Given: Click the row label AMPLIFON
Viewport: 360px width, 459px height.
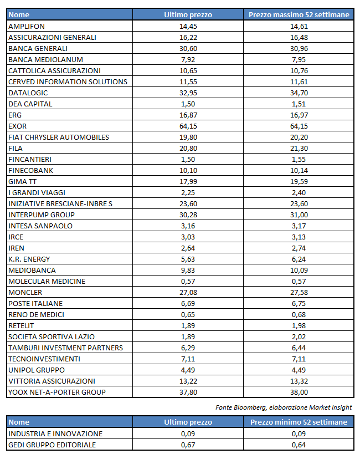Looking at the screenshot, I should pos(27,26).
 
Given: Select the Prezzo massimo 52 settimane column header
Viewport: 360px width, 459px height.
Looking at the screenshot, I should pos(299,15).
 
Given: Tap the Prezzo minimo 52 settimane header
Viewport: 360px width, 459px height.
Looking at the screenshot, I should pos(299,422).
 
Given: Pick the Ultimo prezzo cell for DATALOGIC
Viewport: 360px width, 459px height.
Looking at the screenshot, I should pos(188,93).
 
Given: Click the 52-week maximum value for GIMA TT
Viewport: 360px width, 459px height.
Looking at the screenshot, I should pos(299,181).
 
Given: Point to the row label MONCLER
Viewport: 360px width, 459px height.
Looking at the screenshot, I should pos(25,292).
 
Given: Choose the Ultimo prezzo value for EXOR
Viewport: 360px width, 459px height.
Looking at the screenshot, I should pos(188,126).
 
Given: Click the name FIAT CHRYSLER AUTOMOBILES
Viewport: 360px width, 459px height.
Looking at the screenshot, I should pos(59,137).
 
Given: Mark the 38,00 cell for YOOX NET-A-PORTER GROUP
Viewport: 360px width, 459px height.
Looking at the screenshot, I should pos(299,392).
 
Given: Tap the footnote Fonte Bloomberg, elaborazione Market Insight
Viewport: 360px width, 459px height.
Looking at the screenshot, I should pos(284,407).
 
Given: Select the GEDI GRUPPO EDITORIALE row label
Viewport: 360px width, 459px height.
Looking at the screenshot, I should pos(52,445).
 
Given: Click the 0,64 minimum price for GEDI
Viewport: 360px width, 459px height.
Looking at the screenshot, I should pos(299,445).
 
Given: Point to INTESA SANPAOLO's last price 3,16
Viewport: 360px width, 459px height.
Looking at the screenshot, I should pos(188,226).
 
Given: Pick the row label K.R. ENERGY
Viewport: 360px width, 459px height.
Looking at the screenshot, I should pos(29,259).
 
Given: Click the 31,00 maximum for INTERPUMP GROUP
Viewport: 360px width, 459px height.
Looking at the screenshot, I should pos(299,215).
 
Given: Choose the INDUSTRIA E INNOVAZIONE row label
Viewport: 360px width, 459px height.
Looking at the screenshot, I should pos(55,433).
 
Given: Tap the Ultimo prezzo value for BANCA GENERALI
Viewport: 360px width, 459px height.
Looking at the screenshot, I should pos(188,48).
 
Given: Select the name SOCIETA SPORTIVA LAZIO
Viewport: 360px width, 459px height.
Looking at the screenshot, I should pos(52,336).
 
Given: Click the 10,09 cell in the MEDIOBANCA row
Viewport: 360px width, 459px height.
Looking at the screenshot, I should pos(299,270).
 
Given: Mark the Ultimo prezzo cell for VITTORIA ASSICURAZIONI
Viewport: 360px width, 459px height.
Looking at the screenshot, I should pos(188,381).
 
